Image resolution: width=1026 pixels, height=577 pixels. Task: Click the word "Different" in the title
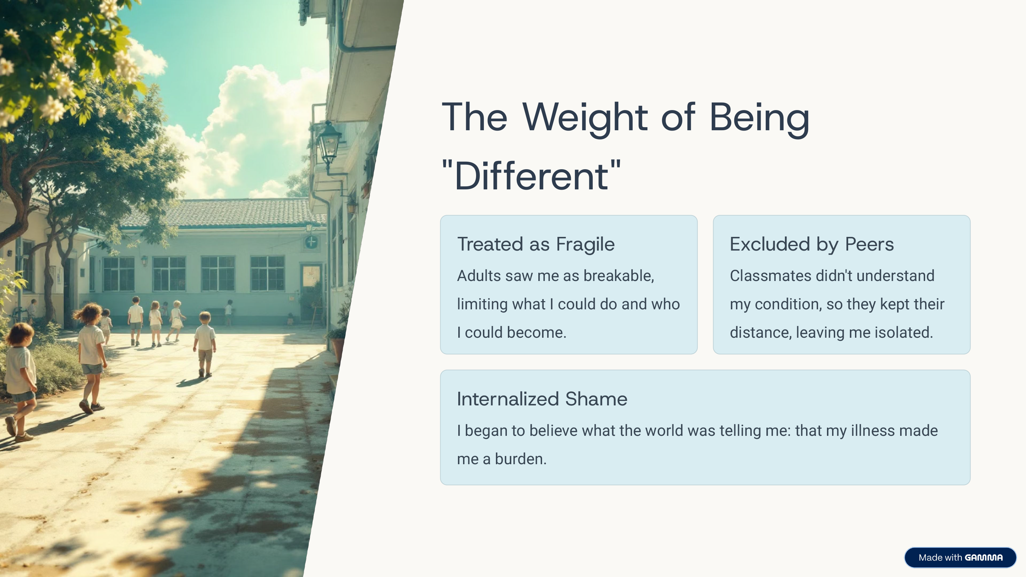coord(532,176)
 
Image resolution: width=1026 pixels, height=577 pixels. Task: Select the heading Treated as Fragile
coord(536,244)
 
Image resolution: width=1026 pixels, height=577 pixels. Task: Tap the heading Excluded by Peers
coord(812,244)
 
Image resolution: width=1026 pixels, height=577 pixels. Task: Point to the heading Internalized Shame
coord(542,399)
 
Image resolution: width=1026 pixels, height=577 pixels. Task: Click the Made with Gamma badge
coord(960,558)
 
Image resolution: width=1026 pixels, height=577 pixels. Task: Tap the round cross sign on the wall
coord(311,242)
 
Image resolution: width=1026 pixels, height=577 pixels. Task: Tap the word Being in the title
coord(760,118)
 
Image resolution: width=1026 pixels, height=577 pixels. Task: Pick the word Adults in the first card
coord(479,276)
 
